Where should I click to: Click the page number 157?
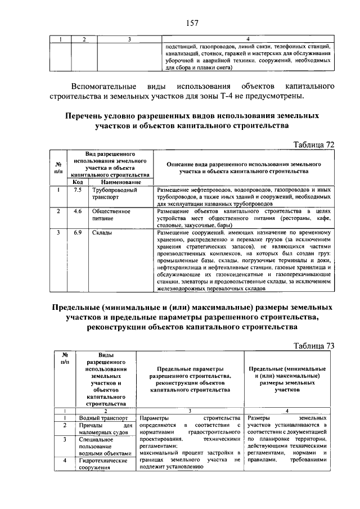click(x=192, y=23)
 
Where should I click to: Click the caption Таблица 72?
click(x=314, y=145)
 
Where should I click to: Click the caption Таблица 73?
click(x=314, y=345)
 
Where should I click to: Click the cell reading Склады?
click(x=103, y=232)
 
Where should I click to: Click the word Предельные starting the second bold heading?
click(x=83, y=308)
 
